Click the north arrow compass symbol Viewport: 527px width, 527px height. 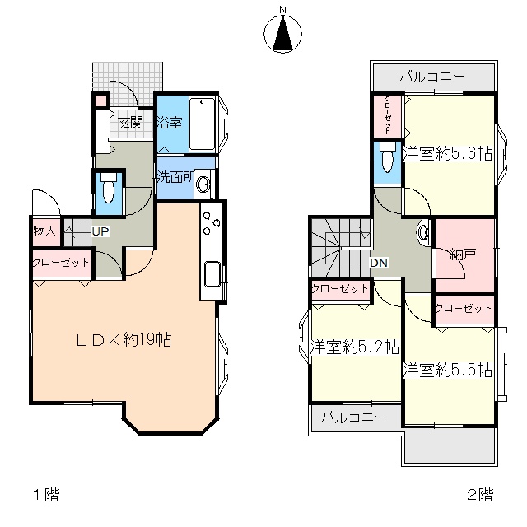282,33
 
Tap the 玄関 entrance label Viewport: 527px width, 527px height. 130,123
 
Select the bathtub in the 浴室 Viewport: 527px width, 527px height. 202,124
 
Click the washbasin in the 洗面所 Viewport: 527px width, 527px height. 203,184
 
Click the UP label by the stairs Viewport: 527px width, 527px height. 100,231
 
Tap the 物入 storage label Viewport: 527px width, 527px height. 44,231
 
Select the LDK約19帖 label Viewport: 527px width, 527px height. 124,340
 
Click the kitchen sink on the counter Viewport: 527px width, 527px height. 212,274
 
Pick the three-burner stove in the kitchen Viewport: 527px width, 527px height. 212,222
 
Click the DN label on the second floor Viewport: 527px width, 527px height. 379,263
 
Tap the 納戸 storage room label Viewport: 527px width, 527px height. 463,254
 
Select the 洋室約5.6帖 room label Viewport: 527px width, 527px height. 447,154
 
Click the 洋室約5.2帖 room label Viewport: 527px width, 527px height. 355,347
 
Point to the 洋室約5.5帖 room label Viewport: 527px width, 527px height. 447,370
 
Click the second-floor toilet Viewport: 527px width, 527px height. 388,157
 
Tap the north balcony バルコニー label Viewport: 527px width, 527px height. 432,77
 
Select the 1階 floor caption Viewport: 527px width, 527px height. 46,495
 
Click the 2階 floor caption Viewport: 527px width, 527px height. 481,495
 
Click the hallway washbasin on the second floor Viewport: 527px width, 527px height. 423,232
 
